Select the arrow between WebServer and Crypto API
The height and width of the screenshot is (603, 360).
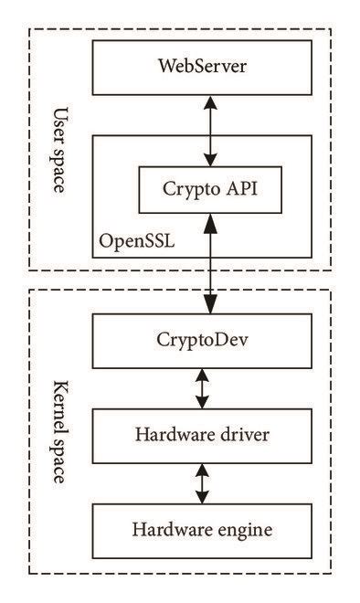pos(210,132)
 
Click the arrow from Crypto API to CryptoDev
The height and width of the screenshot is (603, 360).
pos(210,265)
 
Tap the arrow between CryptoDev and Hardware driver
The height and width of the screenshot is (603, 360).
pos(203,386)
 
